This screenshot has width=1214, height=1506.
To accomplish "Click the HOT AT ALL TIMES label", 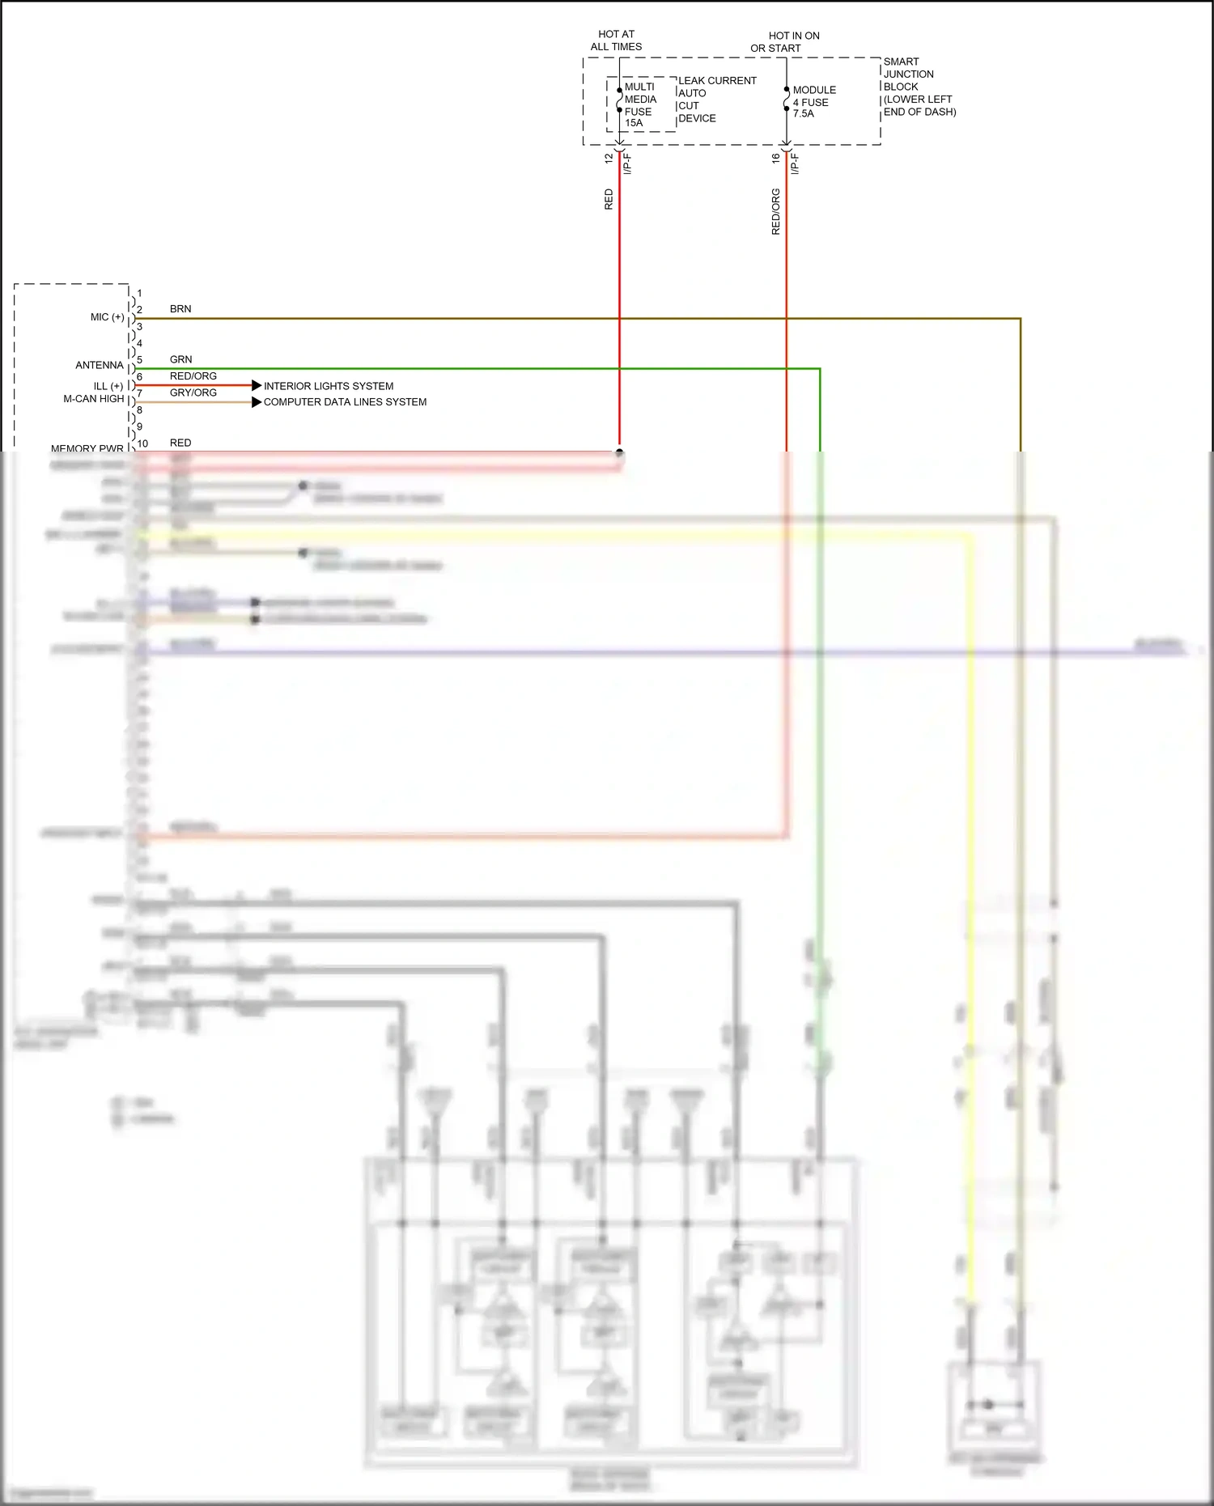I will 616,40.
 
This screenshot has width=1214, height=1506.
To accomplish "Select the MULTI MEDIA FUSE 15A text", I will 639,105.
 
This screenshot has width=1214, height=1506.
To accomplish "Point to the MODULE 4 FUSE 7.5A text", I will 813,102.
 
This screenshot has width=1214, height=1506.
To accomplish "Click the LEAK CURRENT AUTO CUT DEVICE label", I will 716,100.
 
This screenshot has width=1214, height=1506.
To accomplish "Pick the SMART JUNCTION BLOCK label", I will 919,87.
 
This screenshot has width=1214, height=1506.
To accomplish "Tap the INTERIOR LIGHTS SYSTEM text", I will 329,386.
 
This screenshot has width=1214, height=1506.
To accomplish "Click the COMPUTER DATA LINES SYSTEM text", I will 345,402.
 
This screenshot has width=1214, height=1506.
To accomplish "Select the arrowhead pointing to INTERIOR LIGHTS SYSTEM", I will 257,386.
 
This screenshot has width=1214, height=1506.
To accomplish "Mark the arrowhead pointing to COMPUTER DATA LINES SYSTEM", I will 257,402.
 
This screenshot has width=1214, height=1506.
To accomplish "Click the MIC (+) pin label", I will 108,317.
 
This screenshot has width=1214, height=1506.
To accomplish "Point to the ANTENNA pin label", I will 100,366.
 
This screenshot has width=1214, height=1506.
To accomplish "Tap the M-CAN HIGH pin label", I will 94,399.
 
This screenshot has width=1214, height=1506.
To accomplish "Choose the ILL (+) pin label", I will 108,386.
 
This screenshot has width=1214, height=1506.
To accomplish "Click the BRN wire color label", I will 180,309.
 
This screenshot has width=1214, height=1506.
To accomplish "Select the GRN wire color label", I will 180,359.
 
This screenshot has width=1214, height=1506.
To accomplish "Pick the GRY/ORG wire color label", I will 193,393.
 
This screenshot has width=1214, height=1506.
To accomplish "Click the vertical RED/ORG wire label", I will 775,212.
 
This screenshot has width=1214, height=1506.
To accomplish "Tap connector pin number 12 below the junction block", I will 609,159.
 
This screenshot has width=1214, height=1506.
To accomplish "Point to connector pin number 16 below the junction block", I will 775,159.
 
